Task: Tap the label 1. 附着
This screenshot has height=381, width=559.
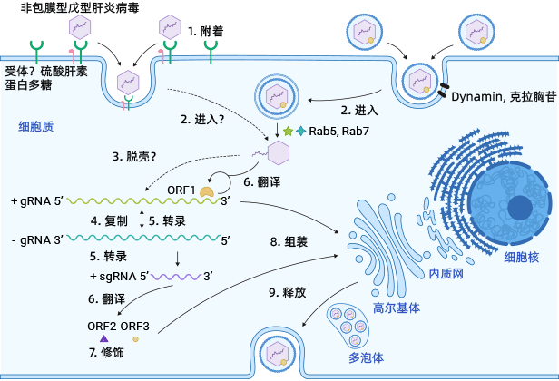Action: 206,31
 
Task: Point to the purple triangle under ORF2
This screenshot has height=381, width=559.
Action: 92,337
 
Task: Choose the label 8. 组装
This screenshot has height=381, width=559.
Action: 288,241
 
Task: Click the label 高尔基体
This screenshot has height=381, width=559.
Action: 397,308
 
